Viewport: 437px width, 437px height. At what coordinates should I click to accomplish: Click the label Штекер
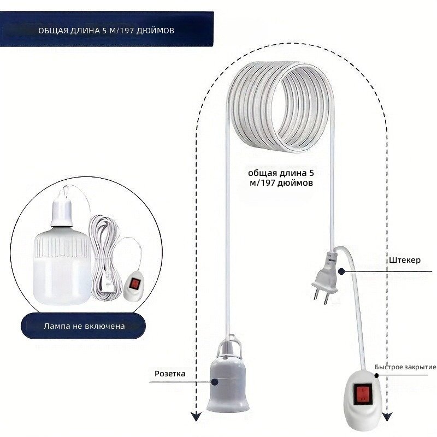(405, 261)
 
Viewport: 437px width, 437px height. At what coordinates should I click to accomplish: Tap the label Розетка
(170, 374)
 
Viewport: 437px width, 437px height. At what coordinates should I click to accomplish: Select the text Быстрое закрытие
(405, 367)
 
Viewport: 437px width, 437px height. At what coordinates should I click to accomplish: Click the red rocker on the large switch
(363, 394)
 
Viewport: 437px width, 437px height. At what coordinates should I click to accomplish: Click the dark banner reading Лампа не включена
(84, 326)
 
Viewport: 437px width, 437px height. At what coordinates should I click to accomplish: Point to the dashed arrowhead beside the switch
(387, 416)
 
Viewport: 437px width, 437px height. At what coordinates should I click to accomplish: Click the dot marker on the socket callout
(214, 382)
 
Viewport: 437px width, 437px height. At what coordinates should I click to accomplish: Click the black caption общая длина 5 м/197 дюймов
(281, 178)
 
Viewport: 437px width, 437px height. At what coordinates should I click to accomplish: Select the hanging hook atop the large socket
(228, 345)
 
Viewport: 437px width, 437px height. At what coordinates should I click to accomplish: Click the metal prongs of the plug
(321, 297)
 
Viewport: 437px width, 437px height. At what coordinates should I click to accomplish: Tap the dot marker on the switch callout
(376, 375)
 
